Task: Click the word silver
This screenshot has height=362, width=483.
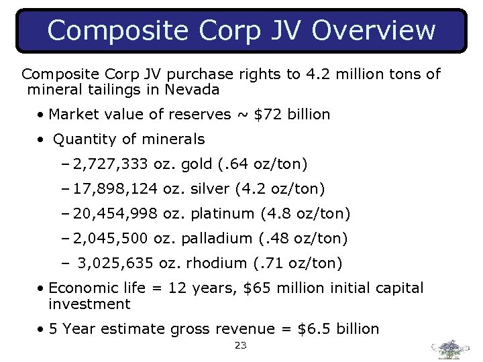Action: pyautogui.click(x=211, y=189)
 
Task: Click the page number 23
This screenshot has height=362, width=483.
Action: pyautogui.click(x=241, y=346)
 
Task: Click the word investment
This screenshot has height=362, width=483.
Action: pyautogui.click(x=89, y=304)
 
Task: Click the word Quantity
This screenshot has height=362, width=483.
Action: pyautogui.click(x=83, y=139)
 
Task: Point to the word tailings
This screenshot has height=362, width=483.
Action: pyautogui.click(x=108, y=89)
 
